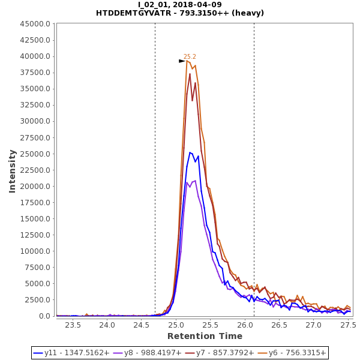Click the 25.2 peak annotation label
[x=190, y=56]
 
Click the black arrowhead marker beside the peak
[x=182, y=61]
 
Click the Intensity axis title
[x=13, y=171]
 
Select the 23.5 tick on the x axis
[x=73, y=325]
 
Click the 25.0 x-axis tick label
[x=176, y=325]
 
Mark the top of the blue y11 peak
[x=190, y=152]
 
